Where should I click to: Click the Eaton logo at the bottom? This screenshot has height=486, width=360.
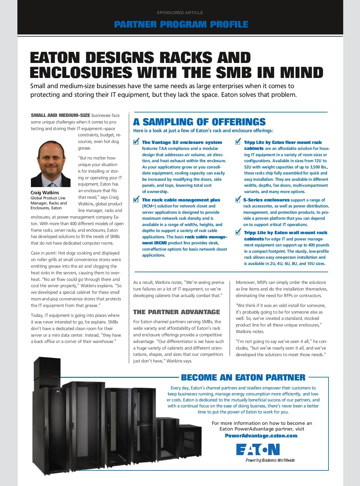pyautogui.click(x=258, y=449)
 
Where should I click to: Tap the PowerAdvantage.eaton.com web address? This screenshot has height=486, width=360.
pyautogui.click(x=261, y=436)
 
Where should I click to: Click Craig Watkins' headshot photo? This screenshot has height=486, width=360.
pyautogui.click(x=51, y=164)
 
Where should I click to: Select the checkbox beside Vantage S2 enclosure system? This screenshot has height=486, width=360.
pyautogui.click(x=136, y=142)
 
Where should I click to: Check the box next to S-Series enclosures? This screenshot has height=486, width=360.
pyautogui.click(x=238, y=199)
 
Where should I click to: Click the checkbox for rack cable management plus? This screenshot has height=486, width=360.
pyautogui.click(x=136, y=199)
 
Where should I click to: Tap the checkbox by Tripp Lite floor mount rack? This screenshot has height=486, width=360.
pyautogui.click(x=238, y=142)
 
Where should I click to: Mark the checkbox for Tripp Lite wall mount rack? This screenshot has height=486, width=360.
pyautogui.click(x=238, y=232)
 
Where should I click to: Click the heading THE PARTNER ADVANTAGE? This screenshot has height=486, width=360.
pyautogui.click(x=176, y=312)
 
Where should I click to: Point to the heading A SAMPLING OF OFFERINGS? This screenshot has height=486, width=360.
pyautogui.click(x=199, y=122)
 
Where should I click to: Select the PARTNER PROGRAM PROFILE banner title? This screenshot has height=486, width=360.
pyautogui.click(x=181, y=24)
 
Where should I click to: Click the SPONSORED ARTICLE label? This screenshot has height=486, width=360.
pyautogui.click(x=180, y=13)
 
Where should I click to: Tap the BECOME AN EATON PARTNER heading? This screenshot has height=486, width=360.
pyautogui.click(x=243, y=377)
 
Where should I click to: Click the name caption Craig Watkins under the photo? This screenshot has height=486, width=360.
pyautogui.click(x=45, y=192)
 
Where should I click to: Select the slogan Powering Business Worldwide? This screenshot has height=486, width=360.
pyautogui.click(x=270, y=460)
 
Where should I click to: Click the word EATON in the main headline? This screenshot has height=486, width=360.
pyautogui.click(x=55, y=58)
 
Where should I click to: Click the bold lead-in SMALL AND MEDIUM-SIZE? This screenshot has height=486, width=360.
pyautogui.click(x=60, y=115)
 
